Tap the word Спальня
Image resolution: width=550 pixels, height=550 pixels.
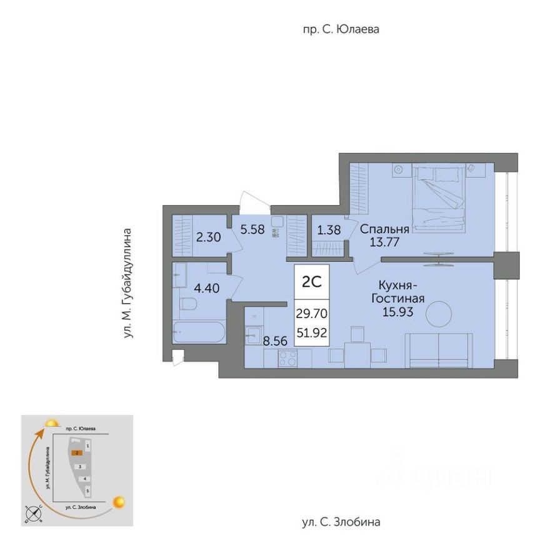tap(384, 229)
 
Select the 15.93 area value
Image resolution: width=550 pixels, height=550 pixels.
tap(398, 311)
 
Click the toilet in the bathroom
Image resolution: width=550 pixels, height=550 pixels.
tap(187, 304)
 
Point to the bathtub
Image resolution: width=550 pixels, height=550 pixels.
tap(199, 332)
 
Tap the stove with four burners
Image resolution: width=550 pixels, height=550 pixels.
tap(287, 359)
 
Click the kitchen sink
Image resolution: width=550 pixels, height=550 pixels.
tap(253, 335)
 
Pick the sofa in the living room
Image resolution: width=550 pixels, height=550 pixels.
tap(439, 351)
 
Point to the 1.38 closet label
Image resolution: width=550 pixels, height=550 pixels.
tap(329, 230)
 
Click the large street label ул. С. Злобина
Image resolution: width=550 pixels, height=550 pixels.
tap(341, 522)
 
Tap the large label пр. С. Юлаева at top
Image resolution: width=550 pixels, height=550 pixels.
tap(341, 29)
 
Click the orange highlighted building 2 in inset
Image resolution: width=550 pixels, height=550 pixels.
tap(76, 452)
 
